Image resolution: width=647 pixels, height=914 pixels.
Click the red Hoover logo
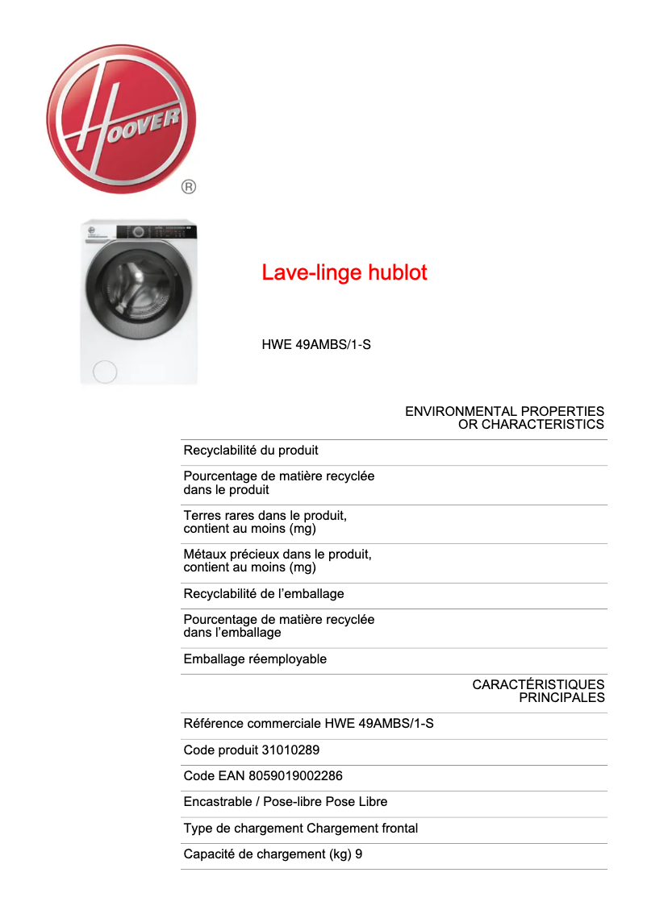(x=121, y=118)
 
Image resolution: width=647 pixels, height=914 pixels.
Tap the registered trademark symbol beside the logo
(x=188, y=187)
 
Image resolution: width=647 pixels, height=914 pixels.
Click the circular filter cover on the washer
(x=105, y=372)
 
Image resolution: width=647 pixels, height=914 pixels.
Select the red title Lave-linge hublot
(x=344, y=272)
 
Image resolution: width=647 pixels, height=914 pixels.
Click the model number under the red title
(x=316, y=345)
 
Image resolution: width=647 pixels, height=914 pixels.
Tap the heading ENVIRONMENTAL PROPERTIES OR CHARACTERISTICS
(x=504, y=418)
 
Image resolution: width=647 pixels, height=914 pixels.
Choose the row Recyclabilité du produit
(x=251, y=451)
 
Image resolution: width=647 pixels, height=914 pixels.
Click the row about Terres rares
(x=265, y=521)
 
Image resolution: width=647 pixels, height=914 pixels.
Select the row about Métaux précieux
(x=277, y=561)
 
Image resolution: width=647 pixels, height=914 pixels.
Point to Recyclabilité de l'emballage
(x=264, y=594)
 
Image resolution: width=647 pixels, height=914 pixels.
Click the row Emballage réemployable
(x=255, y=659)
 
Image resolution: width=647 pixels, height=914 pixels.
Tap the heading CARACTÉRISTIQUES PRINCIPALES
(x=538, y=691)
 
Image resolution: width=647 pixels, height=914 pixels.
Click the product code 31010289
(x=290, y=750)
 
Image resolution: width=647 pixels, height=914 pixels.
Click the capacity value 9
(x=358, y=854)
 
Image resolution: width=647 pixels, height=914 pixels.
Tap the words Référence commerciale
(x=253, y=724)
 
